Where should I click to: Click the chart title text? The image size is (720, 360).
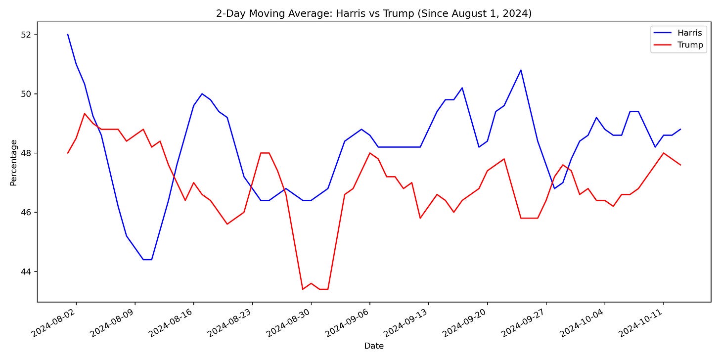click(373, 13)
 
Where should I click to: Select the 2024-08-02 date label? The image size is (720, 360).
click(56, 324)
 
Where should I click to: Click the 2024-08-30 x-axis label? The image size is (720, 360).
click(291, 324)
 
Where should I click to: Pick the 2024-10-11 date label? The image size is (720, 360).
click(643, 324)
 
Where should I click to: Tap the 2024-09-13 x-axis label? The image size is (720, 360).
click(408, 324)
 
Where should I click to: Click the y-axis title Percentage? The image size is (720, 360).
click(13, 163)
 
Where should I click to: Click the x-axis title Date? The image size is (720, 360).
click(373, 346)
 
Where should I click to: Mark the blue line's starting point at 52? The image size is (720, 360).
click(68, 35)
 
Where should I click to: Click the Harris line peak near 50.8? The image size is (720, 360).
click(521, 70)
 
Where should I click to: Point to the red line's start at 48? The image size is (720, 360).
click(68, 153)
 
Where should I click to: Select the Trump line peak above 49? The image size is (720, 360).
click(85, 114)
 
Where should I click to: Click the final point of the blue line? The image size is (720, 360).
click(680, 130)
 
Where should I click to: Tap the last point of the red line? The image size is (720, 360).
click(680, 165)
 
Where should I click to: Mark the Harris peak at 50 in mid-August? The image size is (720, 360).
click(202, 93)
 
